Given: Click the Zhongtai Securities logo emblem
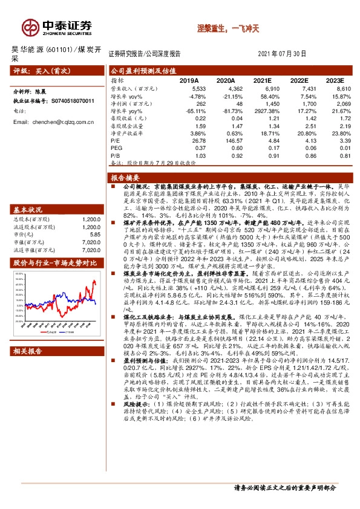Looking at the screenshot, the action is click(30, 27).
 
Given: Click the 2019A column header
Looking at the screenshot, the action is click(189, 80).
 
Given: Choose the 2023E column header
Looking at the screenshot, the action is click(333, 80).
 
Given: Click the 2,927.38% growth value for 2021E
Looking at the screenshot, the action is click(262, 111).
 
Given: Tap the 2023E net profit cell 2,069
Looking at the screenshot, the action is click(335, 103).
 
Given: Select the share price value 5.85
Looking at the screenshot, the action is click(94, 234).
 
